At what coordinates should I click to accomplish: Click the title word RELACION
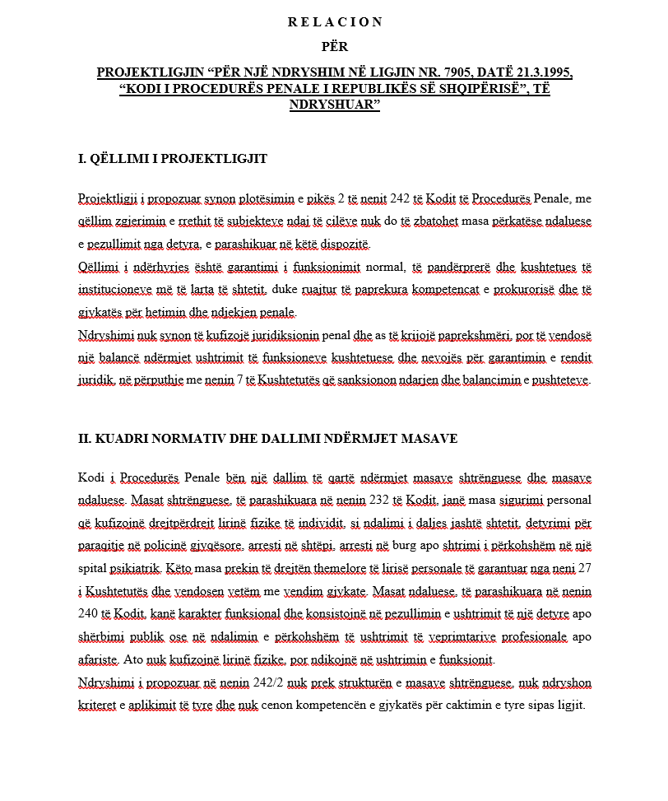point(335,22)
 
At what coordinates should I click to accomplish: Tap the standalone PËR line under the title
point(335,47)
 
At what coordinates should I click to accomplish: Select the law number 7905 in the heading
point(427,72)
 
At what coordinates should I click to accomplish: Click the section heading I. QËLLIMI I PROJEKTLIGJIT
point(172,159)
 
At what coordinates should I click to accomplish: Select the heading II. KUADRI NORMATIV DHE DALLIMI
point(267,439)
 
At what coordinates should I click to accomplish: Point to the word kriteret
point(99,706)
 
